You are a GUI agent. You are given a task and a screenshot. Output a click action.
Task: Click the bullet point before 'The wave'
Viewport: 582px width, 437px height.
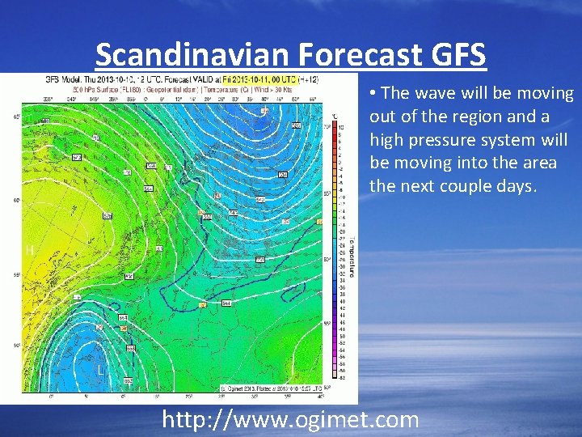point(373,94)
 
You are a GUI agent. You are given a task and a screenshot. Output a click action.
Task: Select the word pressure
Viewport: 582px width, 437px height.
point(443,140)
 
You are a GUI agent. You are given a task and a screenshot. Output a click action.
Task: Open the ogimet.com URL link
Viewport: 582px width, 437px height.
point(290,419)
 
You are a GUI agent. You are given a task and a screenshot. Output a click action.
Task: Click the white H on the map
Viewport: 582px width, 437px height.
point(30,251)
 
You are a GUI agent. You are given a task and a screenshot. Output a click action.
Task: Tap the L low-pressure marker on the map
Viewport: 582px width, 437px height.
point(100,370)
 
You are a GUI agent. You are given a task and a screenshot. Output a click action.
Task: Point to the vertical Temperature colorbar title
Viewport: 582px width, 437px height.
point(346,240)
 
